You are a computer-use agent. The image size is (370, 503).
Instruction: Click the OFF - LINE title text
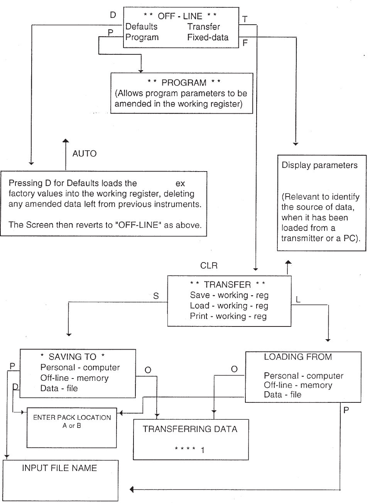[180, 16]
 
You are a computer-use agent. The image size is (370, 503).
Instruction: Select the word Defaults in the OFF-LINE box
[142, 27]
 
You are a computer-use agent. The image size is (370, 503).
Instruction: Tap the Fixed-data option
[208, 37]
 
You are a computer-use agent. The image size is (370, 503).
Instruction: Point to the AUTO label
[84, 153]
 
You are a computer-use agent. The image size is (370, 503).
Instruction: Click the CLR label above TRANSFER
[209, 266]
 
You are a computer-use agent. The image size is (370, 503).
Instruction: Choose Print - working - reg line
[228, 316]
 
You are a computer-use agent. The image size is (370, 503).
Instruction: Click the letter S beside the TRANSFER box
[156, 296]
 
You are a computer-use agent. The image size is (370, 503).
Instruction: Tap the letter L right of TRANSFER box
[298, 299]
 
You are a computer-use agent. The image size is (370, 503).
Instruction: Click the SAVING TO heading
[73, 357]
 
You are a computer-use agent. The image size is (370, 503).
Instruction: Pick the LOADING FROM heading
[298, 357]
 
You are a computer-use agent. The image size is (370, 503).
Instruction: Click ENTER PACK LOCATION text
[72, 417]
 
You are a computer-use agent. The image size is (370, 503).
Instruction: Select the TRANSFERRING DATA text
[190, 429]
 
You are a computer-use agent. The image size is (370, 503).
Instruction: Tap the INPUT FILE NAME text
[59, 468]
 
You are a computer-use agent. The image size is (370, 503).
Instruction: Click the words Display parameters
[319, 165]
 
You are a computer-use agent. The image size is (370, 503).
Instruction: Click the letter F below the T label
[245, 43]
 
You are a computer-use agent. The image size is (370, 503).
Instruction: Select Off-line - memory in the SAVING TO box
[74, 378]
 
